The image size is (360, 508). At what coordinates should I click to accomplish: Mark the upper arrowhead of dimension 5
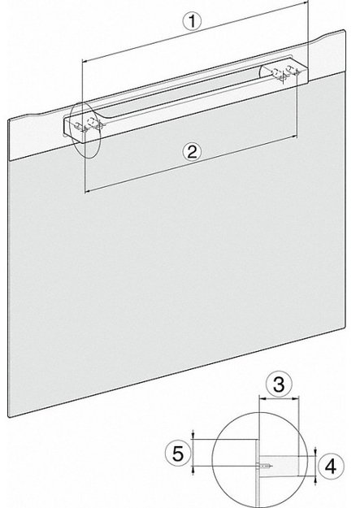(x=193, y=439)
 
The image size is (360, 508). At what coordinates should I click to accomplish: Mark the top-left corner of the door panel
(x=8, y=119)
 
